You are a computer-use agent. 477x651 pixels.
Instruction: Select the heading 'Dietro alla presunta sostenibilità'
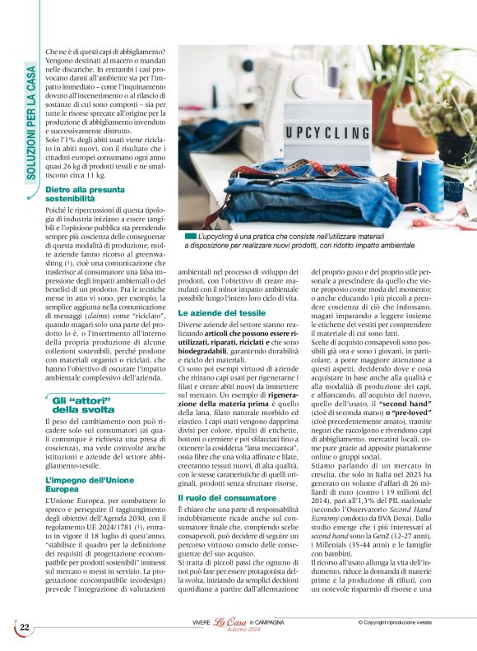(80, 194)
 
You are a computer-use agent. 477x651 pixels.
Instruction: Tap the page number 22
(25, 627)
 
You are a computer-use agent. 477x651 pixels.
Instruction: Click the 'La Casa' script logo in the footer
(232, 624)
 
